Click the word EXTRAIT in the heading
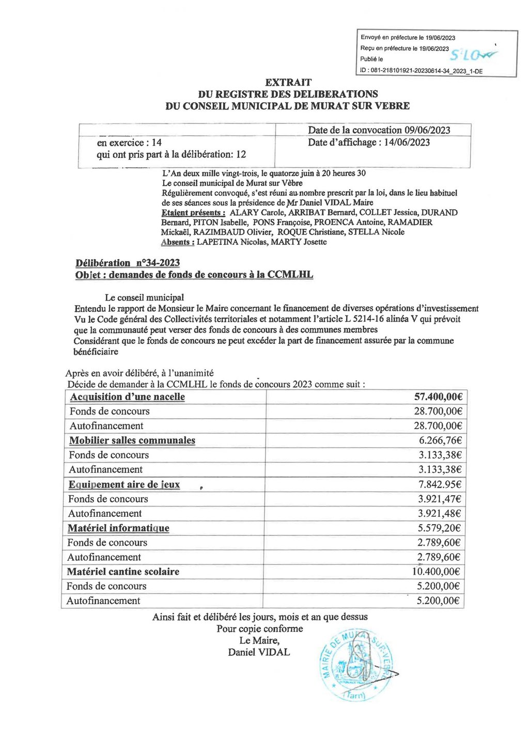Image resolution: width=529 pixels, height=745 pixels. (288, 82)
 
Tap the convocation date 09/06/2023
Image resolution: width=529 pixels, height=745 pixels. (427, 130)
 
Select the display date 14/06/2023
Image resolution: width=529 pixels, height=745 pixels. (407, 142)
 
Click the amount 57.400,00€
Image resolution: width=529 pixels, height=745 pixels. (438, 397)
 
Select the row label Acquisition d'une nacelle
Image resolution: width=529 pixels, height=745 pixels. (127, 397)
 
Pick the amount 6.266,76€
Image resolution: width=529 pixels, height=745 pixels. (440, 440)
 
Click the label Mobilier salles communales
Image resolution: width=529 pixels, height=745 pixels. (132, 440)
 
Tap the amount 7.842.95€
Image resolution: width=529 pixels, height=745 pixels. (440, 484)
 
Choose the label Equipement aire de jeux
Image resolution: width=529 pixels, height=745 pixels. (124, 484)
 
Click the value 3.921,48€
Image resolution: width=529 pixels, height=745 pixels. (440, 513)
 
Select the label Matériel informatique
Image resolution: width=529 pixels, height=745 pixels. (118, 528)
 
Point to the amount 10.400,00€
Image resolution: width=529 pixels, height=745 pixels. (437, 572)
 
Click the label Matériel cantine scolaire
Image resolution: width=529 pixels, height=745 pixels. (123, 572)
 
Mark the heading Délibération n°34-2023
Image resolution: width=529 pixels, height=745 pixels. (128, 263)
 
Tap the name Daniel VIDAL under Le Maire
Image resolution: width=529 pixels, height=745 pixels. (259, 652)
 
